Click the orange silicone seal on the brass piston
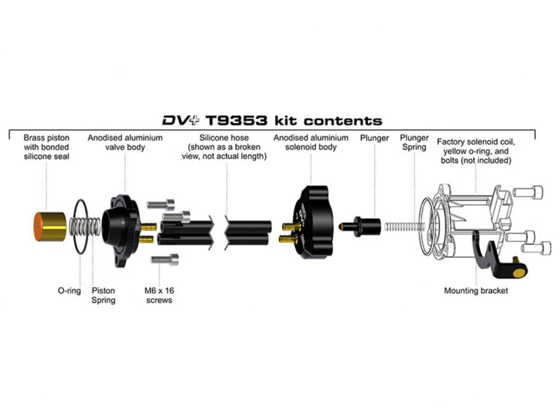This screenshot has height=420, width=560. pos(38,226)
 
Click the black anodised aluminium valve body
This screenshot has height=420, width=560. pos(120,229)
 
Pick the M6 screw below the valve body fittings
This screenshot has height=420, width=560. pos(165,259)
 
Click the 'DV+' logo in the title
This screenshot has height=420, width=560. pos(181,120)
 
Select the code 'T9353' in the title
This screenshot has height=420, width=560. pos(236,121)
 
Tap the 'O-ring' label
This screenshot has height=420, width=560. pos(69,290)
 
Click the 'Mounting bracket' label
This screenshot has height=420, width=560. pos(476,290)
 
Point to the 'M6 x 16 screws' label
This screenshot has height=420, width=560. pos(159,295)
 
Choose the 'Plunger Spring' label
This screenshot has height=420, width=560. pos(414,142)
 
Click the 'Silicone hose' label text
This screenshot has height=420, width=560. pos(224,138)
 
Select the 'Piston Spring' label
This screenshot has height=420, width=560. pos(103,295)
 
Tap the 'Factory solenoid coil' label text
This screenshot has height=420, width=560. pos(476,142)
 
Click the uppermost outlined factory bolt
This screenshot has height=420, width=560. pos(528,192)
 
